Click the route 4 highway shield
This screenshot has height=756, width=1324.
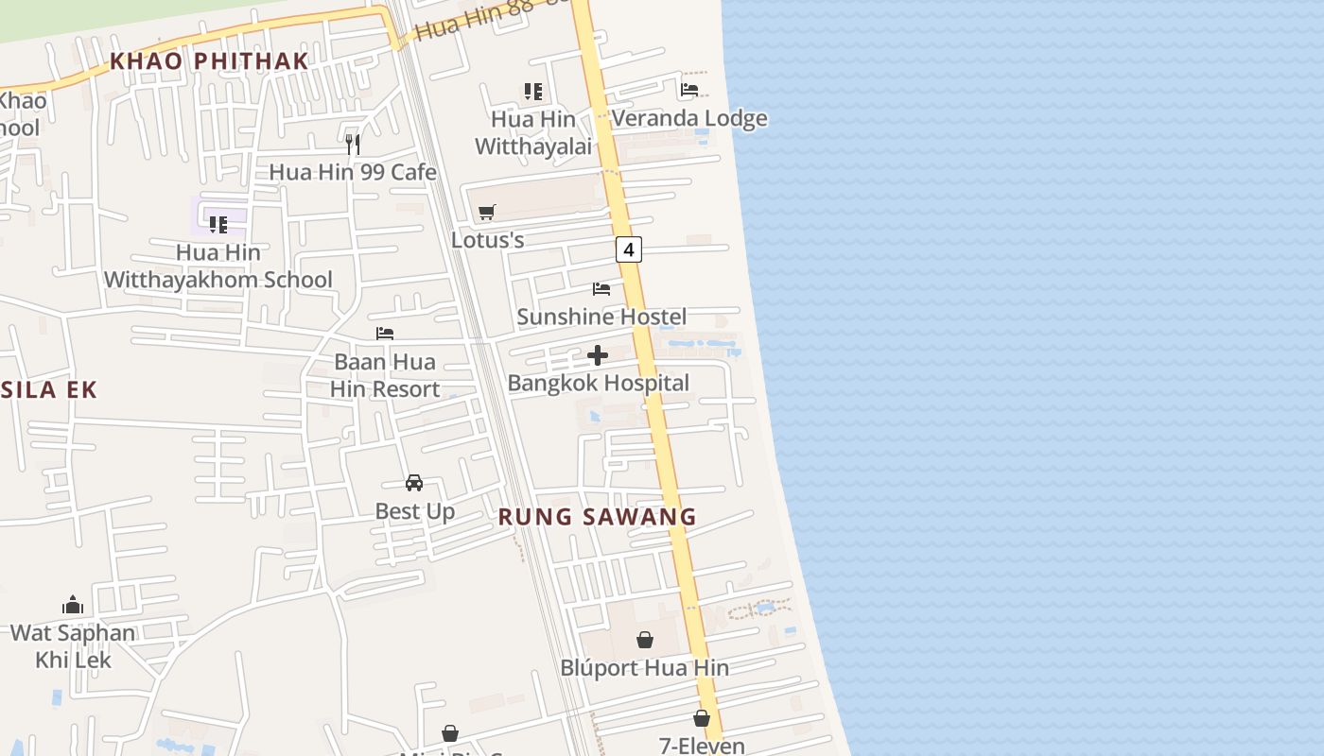coord(628,249)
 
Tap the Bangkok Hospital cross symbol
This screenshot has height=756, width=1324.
coord(598,355)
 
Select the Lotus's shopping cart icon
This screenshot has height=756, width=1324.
coord(487,212)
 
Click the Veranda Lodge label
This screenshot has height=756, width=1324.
coord(689,118)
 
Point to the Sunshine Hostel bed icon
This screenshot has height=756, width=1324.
coord(601,288)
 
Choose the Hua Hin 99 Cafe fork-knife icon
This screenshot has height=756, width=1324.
coord(353,144)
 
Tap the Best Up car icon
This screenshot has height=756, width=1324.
coord(414,483)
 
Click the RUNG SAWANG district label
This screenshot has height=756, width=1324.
coord(597,517)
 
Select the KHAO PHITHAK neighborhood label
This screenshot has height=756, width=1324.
coord(209,61)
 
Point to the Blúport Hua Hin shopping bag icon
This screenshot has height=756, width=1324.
coord(644,640)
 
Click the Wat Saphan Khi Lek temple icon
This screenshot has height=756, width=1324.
coord(73,605)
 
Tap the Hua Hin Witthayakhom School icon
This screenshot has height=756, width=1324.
coord(218,224)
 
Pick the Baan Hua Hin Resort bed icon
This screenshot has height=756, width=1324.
coord(385,334)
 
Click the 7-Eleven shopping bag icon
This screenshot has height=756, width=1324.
coord(702,718)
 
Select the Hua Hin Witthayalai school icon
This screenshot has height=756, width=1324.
coord(533,92)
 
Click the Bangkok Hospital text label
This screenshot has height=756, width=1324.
coord(599,383)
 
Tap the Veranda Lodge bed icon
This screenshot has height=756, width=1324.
coord(689,90)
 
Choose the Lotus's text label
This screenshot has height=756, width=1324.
coord(487,240)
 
